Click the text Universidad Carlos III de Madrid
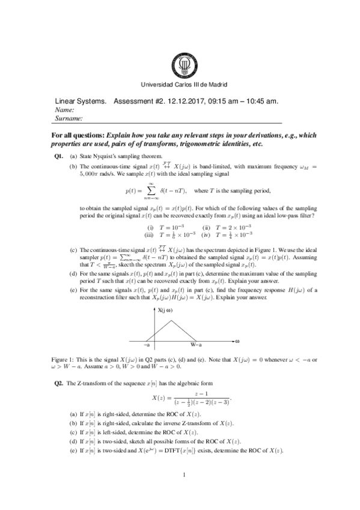(x=183, y=85)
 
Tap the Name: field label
(x=64, y=110)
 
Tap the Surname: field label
(x=68, y=119)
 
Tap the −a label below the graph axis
(x=147, y=345)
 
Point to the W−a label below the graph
(x=197, y=345)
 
